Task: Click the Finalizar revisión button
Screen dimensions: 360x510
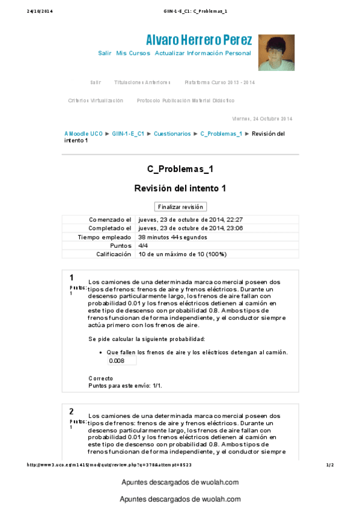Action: coord(180,207)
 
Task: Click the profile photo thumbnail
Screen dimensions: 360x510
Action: coord(276,52)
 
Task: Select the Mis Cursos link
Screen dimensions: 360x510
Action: coord(133,54)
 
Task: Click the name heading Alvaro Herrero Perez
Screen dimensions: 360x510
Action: coord(199,40)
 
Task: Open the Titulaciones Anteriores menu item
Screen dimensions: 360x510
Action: coord(142,82)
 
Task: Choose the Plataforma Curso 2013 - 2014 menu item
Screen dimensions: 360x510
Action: coord(220,82)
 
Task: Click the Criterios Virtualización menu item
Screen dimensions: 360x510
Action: coord(96,100)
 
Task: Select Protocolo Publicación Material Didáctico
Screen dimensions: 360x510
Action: coord(186,100)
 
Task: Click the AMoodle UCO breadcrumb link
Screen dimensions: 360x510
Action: coord(84,134)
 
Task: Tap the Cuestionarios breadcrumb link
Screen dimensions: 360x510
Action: coord(172,134)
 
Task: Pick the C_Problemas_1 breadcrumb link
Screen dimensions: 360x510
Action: coord(221,134)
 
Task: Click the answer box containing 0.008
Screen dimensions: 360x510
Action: coord(121,361)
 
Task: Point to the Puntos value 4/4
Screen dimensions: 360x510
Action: coord(144,246)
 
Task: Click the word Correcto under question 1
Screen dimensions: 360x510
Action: coord(100,378)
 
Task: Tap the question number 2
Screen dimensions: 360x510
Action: coord(72,411)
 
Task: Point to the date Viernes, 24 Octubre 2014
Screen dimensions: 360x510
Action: coord(262,118)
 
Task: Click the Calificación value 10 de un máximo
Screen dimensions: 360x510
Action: coord(182,254)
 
